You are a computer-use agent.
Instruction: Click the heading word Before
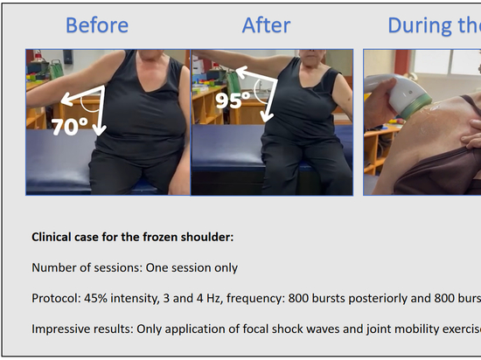pyautogui.click(x=97, y=25)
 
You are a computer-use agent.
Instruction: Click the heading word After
pyautogui.click(x=266, y=25)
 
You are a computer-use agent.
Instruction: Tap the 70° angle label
pyautogui.click(x=70, y=127)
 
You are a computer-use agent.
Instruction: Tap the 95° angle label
pyautogui.click(x=233, y=100)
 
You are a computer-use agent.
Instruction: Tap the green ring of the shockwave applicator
pyautogui.click(x=415, y=106)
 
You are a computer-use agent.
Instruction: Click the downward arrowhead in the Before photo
pyautogui.click(x=99, y=130)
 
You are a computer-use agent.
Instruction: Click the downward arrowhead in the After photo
pyautogui.click(x=266, y=117)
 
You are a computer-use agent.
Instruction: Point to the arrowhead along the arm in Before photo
pyautogui.click(x=67, y=100)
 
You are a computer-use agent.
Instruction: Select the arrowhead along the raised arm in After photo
pyautogui.click(x=242, y=73)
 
